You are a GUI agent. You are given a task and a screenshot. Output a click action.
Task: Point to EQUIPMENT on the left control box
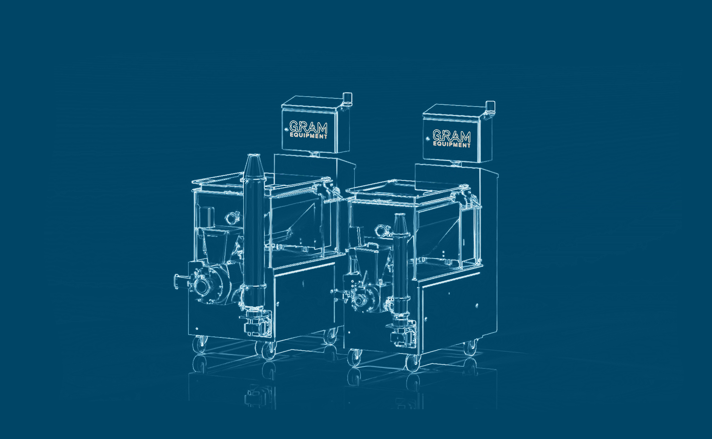[309, 136]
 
